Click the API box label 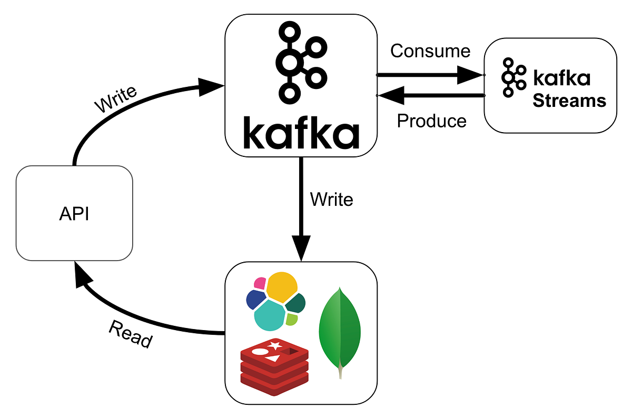point(74,215)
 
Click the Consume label point(430,51)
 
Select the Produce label point(431,121)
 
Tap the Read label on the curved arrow point(130,334)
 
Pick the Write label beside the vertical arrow point(331,199)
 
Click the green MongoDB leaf point(340,332)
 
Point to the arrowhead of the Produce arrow point(391,95)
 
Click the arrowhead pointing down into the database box point(301,250)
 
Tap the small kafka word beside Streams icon point(561,78)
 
